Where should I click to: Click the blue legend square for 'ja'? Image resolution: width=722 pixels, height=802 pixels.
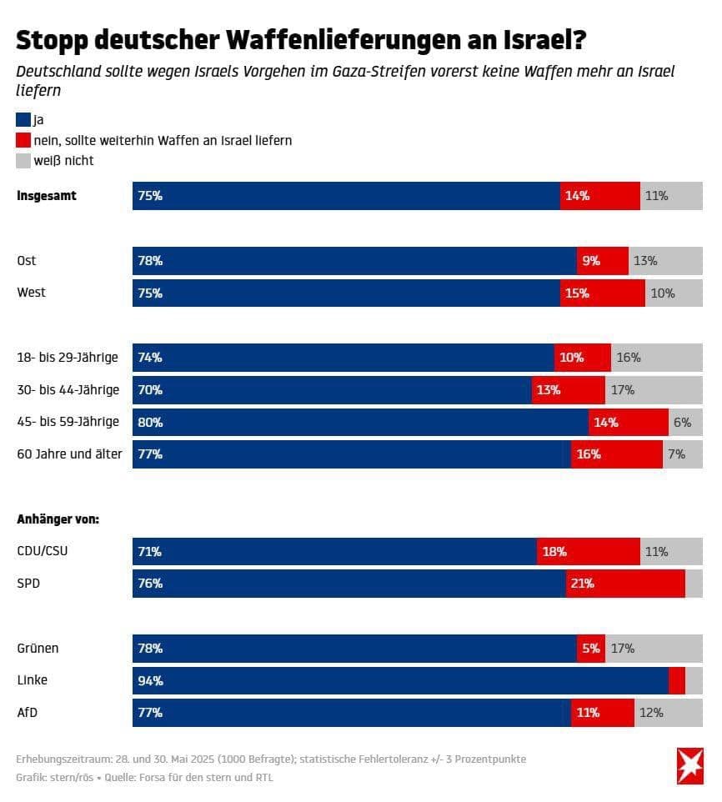pos(23,120)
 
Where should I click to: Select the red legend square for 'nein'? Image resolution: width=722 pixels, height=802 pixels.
pos(23,140)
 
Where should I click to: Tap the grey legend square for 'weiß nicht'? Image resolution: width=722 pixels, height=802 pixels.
pos(23,160)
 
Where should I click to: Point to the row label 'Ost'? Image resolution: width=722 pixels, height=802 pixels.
pos(27,261)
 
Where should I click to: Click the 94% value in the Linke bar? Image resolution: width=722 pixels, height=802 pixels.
pos(150,681)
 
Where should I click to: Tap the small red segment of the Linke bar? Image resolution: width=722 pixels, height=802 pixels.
pos(676,681)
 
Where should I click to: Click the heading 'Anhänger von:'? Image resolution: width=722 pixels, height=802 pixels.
pos(58,519)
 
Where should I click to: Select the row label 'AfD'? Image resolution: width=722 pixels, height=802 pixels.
pos(28,713)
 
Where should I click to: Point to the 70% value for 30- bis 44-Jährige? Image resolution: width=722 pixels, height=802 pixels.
pos(150,390)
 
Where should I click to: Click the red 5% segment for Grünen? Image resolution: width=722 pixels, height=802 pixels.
pos(590,649)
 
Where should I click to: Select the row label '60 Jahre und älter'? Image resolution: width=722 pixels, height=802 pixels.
pos(69,454)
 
